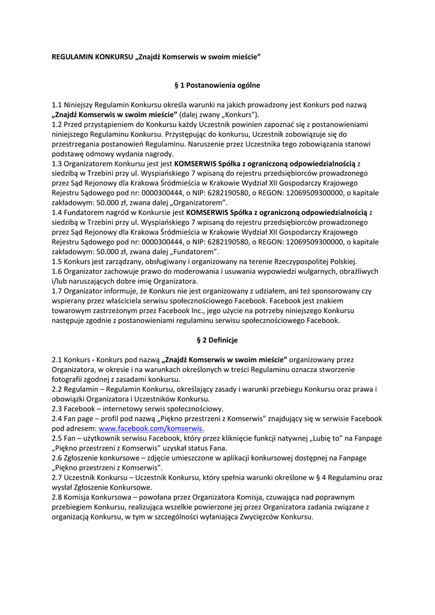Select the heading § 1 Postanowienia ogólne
(217, 85)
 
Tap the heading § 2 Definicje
(217, 340)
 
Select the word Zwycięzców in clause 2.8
(258, 517)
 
